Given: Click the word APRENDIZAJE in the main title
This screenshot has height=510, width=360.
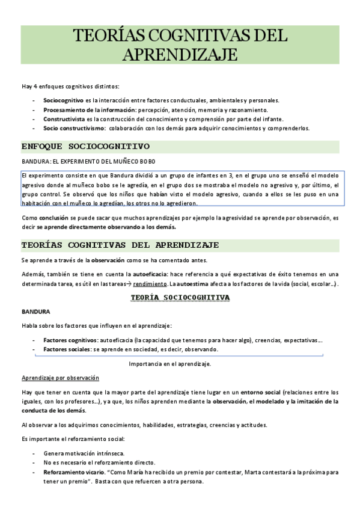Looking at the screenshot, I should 180,55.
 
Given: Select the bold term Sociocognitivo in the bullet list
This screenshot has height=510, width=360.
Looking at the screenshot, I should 63,100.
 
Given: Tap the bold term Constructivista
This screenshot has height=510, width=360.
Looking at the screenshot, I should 64,119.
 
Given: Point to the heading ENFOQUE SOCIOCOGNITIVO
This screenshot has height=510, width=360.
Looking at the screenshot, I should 85,146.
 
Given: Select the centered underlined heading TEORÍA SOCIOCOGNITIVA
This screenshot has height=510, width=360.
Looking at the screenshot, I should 180,297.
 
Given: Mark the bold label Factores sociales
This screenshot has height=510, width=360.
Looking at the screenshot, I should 66,349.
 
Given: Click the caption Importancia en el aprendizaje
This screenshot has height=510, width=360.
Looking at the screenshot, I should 170,364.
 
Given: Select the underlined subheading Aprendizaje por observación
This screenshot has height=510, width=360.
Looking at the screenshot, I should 60,378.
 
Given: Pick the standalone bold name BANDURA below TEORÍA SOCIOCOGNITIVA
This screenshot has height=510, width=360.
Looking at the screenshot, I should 35,312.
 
